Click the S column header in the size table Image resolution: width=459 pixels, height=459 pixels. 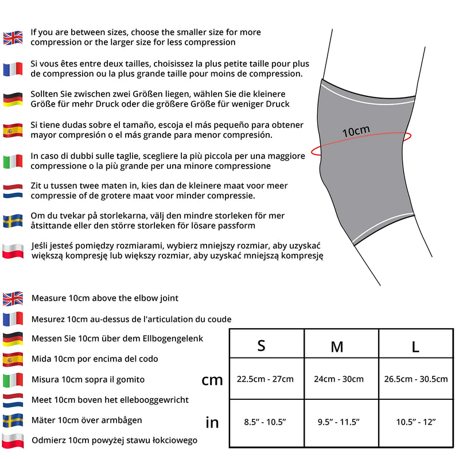(261, 345)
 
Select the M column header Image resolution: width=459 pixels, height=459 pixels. (337, 347)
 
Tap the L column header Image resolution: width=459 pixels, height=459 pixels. (415, 346)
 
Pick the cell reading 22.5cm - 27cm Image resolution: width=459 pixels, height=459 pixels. (265, 379)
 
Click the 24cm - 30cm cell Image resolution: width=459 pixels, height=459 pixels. (339, 379)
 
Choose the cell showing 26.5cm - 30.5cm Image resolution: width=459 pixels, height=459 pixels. (415, 379)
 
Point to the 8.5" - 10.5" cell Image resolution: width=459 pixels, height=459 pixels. (265, 422)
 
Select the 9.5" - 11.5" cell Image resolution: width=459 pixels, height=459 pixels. (339, 422)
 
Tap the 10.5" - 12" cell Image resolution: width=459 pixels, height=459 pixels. (415, 422)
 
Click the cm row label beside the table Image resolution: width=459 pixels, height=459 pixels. (212, 380)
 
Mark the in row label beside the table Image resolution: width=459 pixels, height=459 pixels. (212, 423)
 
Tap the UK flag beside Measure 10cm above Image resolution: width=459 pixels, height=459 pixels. (13, 298)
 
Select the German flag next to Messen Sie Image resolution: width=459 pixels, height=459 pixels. (13, 339)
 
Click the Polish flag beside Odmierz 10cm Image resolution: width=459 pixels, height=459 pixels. (13, 441)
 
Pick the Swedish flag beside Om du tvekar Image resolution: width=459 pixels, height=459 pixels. (13, 221)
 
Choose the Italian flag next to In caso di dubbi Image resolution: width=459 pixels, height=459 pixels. (13, 161)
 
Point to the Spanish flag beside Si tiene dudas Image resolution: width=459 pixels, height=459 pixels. (13, 130)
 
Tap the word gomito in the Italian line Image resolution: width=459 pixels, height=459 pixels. (130, 379)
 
